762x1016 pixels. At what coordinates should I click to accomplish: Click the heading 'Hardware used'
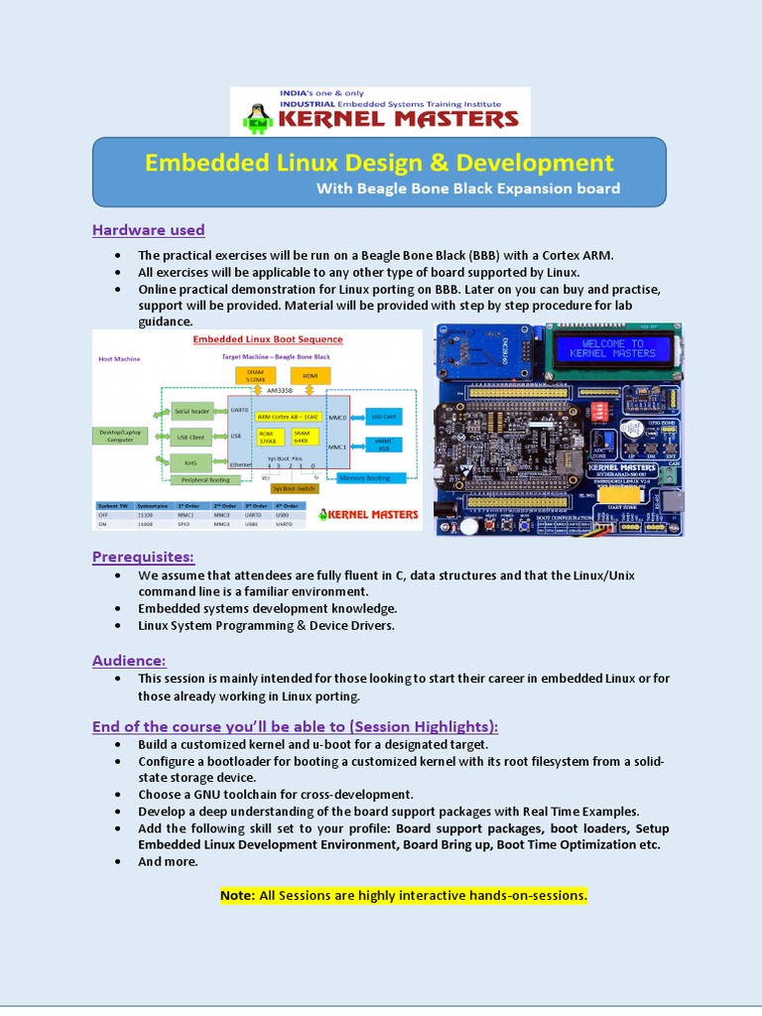[x=148, y=230]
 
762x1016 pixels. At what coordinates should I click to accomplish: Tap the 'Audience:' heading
[x=129, y=660]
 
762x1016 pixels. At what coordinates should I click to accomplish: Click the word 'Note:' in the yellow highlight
[x=237, y=895]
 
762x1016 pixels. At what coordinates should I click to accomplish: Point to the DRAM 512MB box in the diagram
[x=256, y=375]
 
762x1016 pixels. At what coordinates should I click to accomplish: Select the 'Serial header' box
[x=191, y=411]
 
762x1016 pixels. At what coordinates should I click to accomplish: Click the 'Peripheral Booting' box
[x=204, y=480]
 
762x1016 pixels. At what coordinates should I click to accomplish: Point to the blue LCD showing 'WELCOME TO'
[x=612, y=347]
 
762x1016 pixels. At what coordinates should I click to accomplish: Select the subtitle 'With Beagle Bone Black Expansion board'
[x=467, y=189]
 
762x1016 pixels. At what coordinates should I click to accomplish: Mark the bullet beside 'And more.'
[x=118, y=861]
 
